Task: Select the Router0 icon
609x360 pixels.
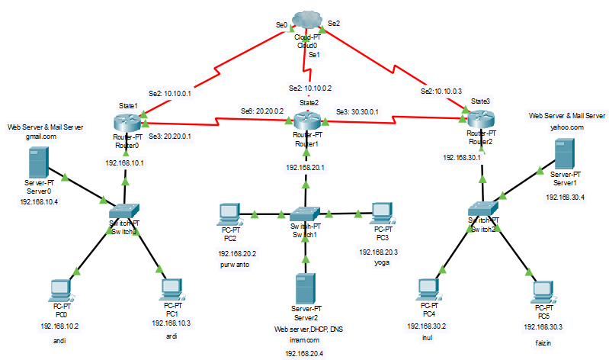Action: point(124,123)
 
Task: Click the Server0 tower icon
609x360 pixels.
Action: point(35,163)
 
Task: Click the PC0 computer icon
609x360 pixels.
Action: point(59,291)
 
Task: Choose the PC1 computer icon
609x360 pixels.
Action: point(171,289)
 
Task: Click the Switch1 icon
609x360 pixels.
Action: point(306,215)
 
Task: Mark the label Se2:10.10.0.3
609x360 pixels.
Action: point(441,92)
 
